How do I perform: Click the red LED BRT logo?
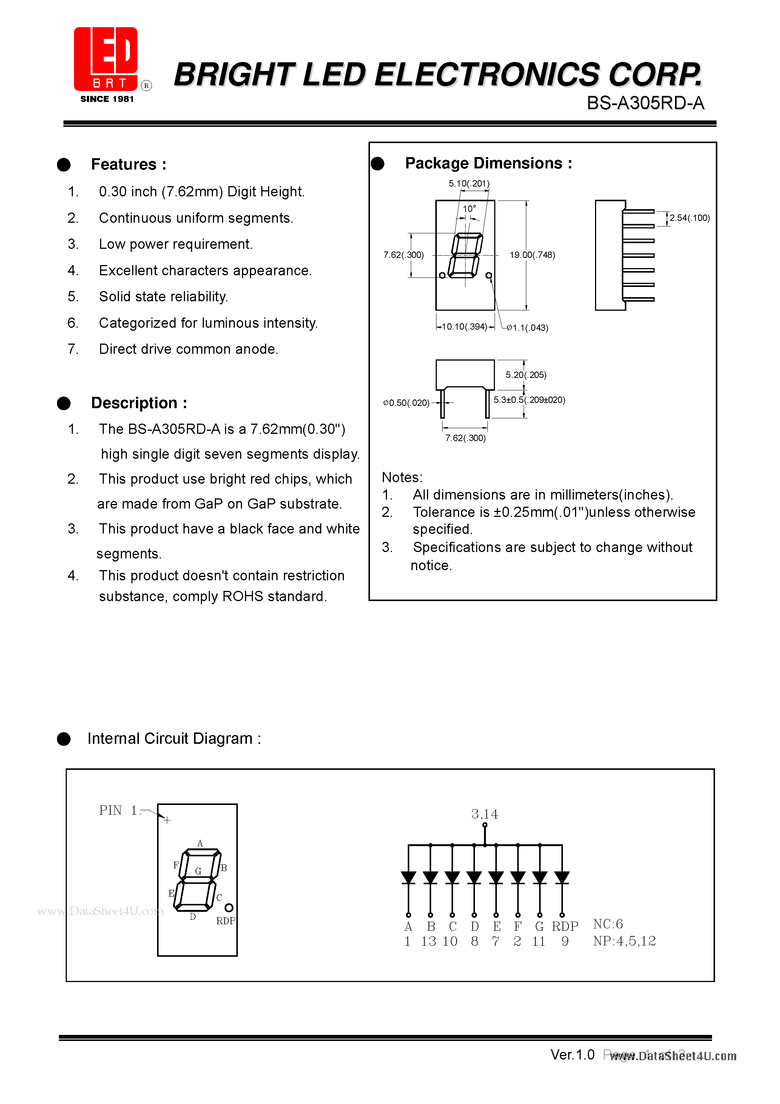[106, 59]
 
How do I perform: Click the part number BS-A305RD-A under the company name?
[645, 103]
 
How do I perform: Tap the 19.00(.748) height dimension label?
[532, 255]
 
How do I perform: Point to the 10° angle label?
[469, 209]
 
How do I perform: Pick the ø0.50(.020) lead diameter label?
[406, 402]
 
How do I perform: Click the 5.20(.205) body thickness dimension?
[526, 375]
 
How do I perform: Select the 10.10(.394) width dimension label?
[464, 327]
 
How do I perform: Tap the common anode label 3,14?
[484, 814]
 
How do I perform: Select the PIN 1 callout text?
[118, 810]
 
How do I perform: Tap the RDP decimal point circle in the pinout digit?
[229, 907]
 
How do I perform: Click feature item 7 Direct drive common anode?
[188, 349]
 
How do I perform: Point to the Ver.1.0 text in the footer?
[572, 1055]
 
